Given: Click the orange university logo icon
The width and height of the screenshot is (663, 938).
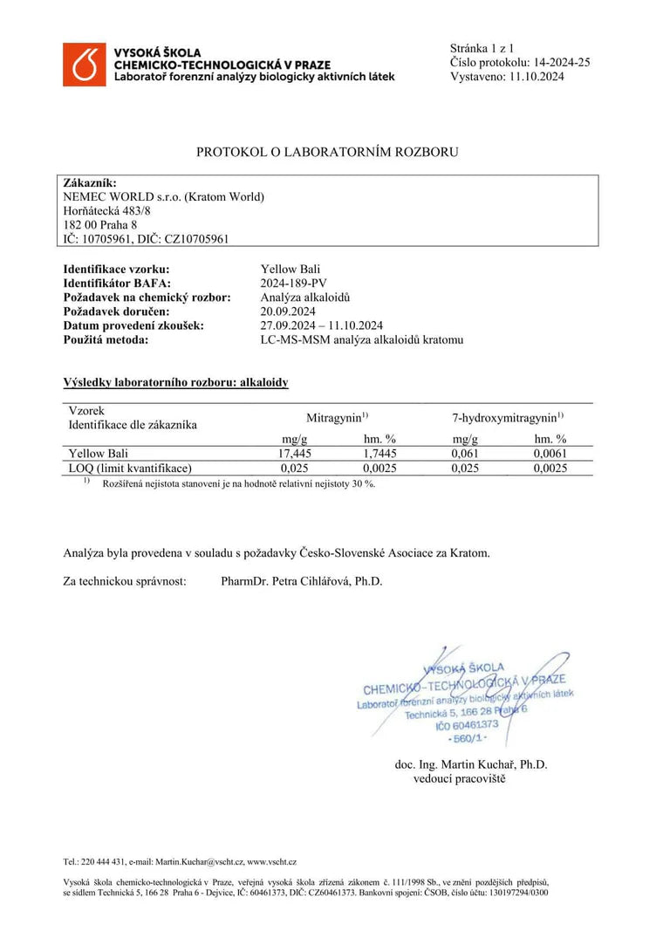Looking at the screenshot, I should tap(85, 64).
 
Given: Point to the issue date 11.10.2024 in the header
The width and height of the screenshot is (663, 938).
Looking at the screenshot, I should tap(534, 76).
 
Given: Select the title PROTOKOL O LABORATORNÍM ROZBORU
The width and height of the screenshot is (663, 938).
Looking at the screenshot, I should tap(327, 152).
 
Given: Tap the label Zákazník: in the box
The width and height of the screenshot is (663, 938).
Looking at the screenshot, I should tap(90, 182).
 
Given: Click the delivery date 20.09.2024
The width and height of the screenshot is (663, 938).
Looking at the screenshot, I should tap(288, 311).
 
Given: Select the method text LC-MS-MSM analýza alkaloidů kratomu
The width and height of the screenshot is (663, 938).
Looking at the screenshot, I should tap(362, 339).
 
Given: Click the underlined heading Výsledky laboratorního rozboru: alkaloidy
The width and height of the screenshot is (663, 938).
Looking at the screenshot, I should tap(175, 382).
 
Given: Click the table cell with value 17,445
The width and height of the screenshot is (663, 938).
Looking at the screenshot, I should tap(294, 454).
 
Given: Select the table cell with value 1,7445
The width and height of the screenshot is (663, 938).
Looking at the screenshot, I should tap(379, 454).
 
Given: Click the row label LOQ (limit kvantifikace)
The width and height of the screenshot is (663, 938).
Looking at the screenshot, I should tap(129, 468).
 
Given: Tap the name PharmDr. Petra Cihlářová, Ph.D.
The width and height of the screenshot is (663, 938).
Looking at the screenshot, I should tap(302, 581).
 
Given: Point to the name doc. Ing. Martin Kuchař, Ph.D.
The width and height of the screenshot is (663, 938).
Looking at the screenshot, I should tap(471, 764).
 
